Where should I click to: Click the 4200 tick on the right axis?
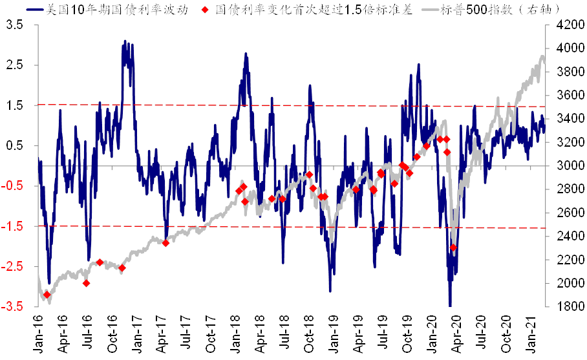(560, 25)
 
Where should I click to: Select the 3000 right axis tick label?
(560, 165)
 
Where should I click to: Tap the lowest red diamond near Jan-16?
(47, 295)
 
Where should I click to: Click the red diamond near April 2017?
(165, 242)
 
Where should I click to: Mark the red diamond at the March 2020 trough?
(453, 248)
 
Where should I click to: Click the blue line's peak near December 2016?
(125, 41)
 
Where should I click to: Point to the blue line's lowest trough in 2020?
(450, 305)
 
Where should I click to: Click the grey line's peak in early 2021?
(542, 56)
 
